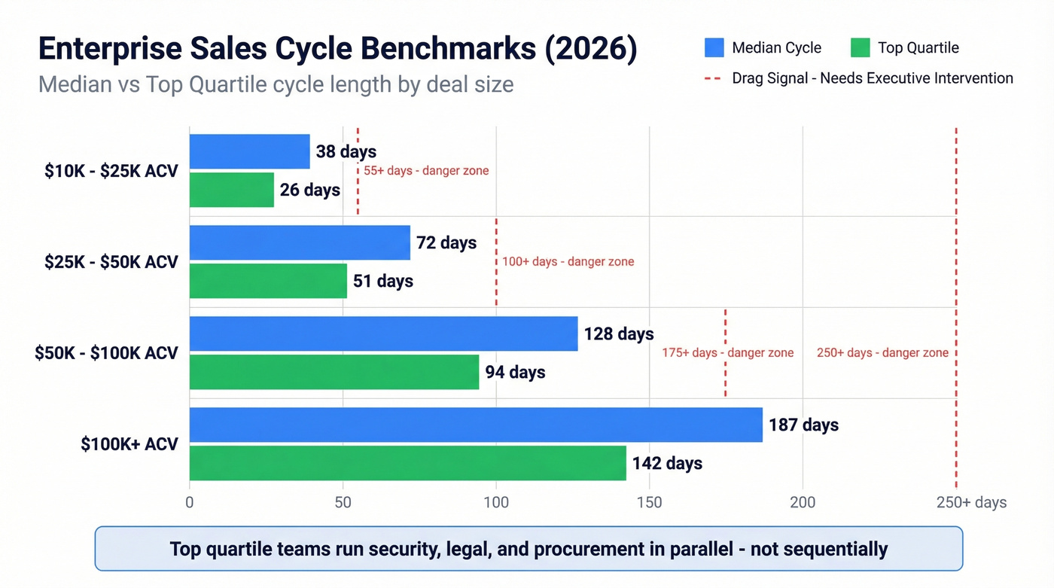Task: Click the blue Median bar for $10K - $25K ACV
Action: coord(249,151)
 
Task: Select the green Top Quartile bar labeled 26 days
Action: coord(231,190)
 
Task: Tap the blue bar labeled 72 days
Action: coord(300,242)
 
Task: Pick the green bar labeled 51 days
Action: coord(268,281)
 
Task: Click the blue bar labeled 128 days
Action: coord(383,334)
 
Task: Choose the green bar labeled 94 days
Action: coord(334,372)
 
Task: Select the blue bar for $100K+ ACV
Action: coord(476,425)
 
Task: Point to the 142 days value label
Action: coord(667,463)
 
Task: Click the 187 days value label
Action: coord(803,425)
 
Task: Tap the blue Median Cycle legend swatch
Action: coord(714,48)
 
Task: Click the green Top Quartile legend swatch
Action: coord(860,48)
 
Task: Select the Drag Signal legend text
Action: coord(872,78)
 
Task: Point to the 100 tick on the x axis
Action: coord(496,502)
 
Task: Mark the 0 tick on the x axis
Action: coord(190,502)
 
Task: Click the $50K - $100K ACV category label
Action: coord(106,353)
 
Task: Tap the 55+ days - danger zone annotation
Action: coord(426,171)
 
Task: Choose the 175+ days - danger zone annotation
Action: coord(727,353)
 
